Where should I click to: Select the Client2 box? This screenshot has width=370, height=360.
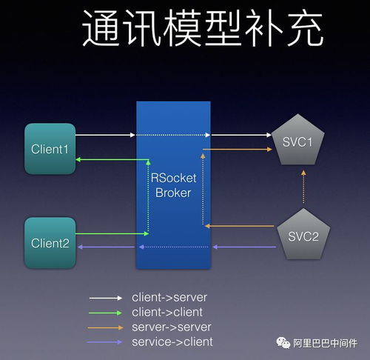tap(50, 242)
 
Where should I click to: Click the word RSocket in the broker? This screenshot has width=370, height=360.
tap(172, 177)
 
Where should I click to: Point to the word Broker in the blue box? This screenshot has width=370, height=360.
tap(172, 193)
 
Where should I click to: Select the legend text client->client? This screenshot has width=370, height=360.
tap(167, 312)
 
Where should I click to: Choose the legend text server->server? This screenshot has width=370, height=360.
tap(172, 327)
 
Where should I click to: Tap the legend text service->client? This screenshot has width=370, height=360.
tap(172, 341)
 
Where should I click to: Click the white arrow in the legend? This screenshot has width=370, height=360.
tap(106, 297)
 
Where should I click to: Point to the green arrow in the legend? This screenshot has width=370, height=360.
tap(106, 313)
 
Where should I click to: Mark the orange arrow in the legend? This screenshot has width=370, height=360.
tap(106, 327)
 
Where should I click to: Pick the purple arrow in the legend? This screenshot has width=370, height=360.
tap(106, 342)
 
